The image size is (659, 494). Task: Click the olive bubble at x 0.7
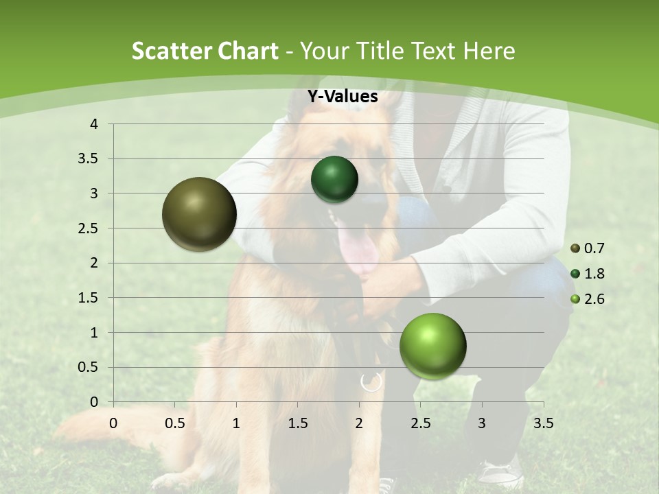[200, 214]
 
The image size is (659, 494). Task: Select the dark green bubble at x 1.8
[334, 179]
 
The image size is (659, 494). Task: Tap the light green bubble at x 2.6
[432, 346]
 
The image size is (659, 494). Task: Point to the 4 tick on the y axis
[95, 124]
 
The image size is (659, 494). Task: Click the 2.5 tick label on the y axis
[89, 228]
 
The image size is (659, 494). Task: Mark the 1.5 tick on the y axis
[89, 298]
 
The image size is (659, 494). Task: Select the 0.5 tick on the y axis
[89, 367]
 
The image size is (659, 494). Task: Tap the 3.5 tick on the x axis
[543, 423]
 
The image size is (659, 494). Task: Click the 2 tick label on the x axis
[359, 423]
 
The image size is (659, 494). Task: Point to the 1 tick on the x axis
[236, 423]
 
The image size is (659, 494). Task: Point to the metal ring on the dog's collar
[371, 381]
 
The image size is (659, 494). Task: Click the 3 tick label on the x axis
[482, 423]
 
